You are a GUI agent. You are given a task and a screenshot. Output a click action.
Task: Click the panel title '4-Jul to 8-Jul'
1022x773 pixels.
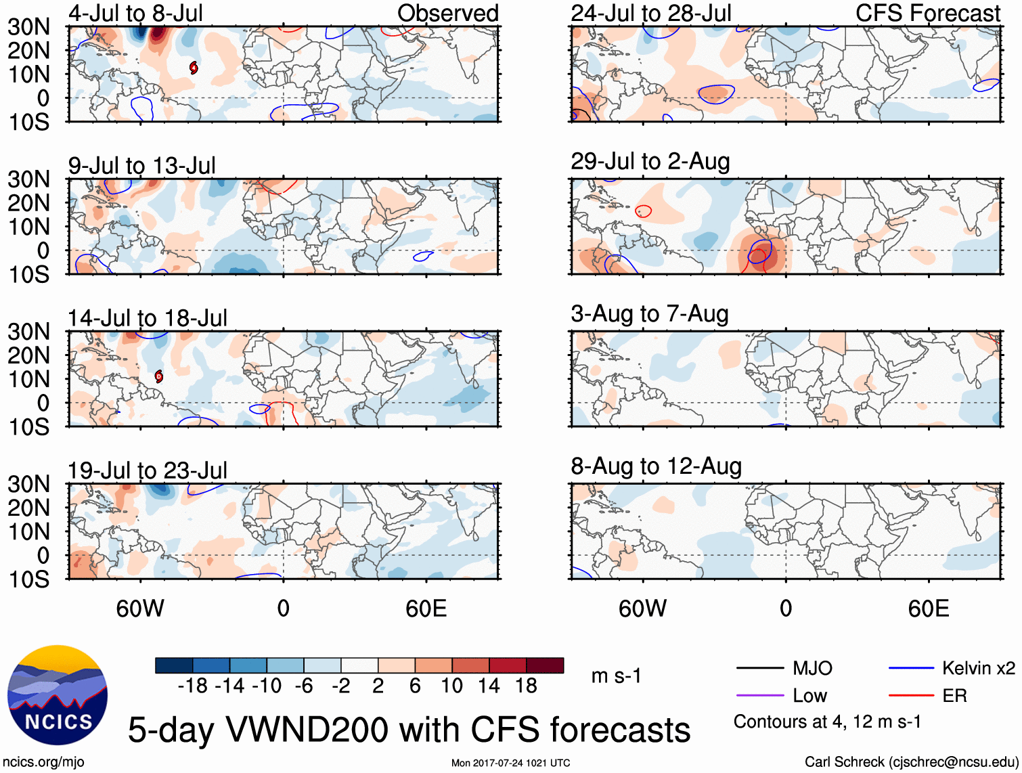point(135,14)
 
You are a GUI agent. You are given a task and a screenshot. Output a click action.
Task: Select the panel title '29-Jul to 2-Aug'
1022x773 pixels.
point(650,162)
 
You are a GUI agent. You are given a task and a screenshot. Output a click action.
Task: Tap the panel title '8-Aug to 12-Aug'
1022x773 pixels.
point(656,466)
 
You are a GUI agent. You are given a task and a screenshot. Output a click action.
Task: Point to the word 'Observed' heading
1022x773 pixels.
point(447,14)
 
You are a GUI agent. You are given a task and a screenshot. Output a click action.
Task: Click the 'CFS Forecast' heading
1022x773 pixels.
point(927,14)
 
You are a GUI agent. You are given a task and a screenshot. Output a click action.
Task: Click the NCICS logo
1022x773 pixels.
point(58,695)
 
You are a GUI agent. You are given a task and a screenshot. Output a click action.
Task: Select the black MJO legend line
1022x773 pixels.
point(759,669)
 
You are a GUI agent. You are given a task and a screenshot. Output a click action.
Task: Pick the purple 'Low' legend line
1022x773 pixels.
point(759,696)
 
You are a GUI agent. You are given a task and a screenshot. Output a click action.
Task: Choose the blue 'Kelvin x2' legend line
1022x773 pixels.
point(911,669)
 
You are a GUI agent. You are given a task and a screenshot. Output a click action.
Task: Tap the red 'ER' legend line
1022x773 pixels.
point(911,696)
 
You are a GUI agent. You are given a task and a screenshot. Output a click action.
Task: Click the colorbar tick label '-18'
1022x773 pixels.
point(193,686)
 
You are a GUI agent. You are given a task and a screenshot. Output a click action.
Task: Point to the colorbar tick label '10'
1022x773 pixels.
point(451,686)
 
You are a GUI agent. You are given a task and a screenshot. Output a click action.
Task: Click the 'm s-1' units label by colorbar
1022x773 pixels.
point(616,676)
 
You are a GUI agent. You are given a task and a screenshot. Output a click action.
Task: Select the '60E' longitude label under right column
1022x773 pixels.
point(928,609)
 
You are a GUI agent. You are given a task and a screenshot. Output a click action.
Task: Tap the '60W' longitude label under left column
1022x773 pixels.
point(140,609)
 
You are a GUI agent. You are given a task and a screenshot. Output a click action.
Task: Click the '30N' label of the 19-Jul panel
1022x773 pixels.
point(28,485)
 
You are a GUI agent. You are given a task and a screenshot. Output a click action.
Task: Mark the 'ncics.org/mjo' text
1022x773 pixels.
point(43,762)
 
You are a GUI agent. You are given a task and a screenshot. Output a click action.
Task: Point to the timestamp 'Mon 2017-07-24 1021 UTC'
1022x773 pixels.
point(510,764)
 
